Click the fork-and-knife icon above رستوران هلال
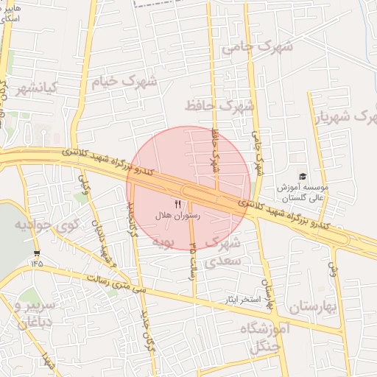(177, 203)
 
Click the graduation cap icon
(302, 176)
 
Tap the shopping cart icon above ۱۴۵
(37, 253)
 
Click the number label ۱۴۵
(37, 263)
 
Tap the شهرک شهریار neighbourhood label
(345, 116)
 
